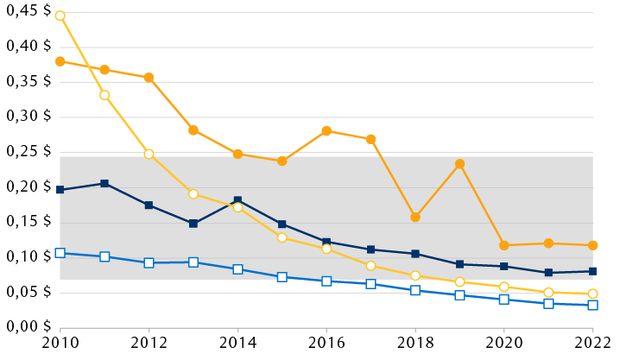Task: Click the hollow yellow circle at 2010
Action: [60, 16]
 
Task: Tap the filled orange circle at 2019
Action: [460, 164]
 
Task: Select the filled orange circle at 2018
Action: [415, 218]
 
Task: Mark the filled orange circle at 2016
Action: [326, 131]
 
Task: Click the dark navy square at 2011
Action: [104, 183]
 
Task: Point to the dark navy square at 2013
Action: [193, 224]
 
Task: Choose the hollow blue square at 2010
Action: [60, 253]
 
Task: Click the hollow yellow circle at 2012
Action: [149, 154]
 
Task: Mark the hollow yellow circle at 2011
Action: [104, 95]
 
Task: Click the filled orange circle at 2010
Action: [60, 61]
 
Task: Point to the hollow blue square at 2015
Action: [282, 277]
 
